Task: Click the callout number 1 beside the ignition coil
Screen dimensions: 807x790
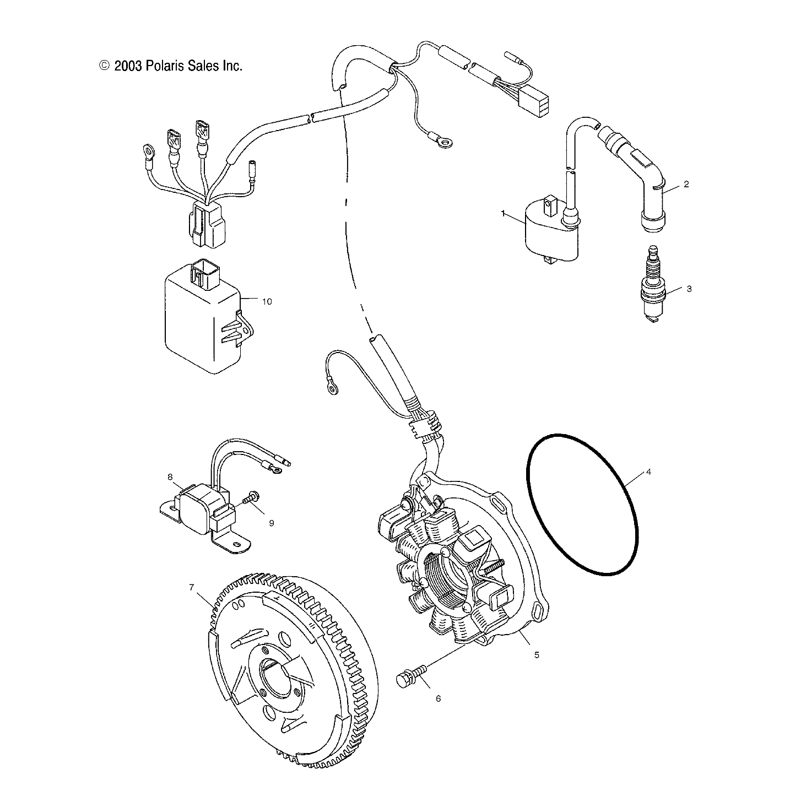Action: pos(503,213)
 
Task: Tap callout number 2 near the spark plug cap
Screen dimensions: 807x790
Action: pos(686,185)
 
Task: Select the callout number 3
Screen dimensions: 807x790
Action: pos(688,289)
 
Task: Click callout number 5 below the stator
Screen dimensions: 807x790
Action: pos(536,655)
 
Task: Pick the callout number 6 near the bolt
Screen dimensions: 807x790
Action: pos(438,698)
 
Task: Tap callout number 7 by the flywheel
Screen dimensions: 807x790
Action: pos(191,587)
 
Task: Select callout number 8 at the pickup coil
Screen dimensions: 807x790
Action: pos(170,476)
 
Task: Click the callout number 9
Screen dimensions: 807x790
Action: pos(271,523)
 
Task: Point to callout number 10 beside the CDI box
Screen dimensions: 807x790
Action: pos(267,302)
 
